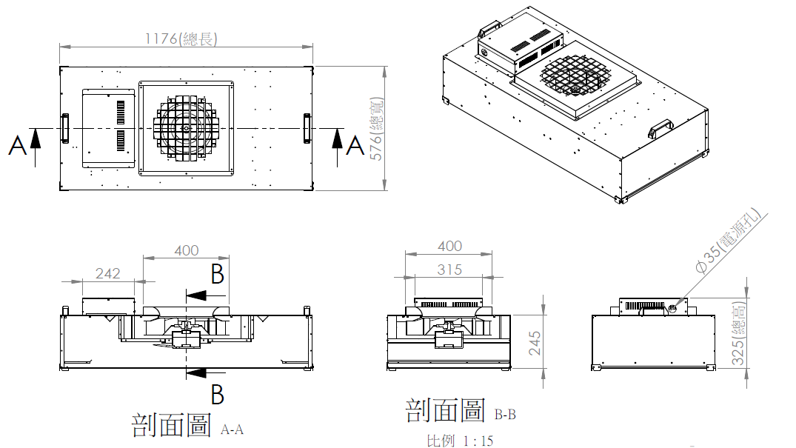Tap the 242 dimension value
(x=107, y=273)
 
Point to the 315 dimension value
(x=449, y=270)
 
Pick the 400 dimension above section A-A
(x=186, y=250)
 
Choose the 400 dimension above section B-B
(x=449, y=246)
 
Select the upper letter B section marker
(x=217, y=275)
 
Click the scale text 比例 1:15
(x=460, y=441)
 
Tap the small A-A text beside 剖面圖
(x=232, y=429)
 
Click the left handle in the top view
(x=65, y=127)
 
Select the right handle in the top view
(x=307, y=128)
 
